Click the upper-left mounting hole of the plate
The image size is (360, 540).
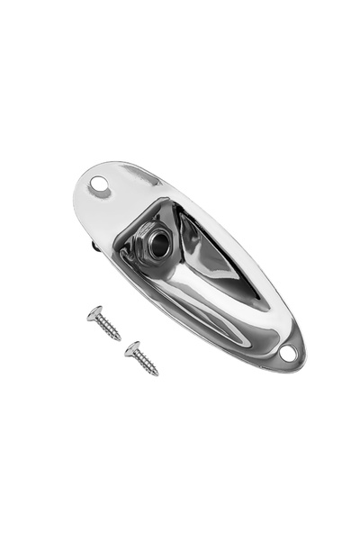(98, 187)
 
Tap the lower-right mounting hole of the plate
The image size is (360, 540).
(288, 354)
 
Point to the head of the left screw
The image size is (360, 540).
(94, 312)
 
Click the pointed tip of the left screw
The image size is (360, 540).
(120, 339)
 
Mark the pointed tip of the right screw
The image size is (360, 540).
(157, 373)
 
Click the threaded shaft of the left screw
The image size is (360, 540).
(108, 328)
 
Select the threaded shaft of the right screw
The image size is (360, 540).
(146, 362)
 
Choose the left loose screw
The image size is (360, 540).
(104, 324)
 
